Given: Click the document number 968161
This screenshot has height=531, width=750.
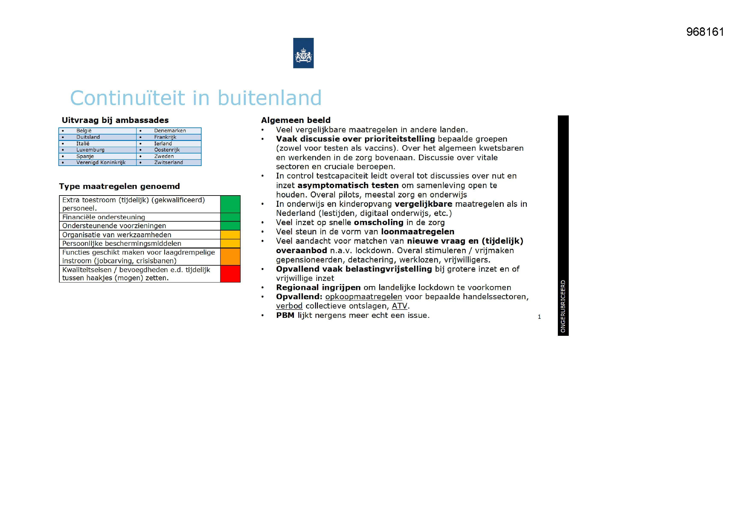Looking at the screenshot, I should click(x=705, y=32).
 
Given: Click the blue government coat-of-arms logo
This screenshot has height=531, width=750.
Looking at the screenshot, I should click(x=303, y=53).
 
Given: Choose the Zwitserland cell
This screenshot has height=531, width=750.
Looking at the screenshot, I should click(x=168, y=162).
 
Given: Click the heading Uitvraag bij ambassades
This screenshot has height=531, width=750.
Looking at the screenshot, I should click(x=115, y=120).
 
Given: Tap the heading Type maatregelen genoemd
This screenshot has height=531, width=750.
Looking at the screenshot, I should click(x=119, y=187).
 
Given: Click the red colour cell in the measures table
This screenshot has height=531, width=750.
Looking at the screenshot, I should click(x=230, y=274).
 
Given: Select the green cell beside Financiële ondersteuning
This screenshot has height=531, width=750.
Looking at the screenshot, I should click(x=230, y=217).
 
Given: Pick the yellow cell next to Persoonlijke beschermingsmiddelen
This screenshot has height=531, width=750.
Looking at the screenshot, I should click(x=230, y=243).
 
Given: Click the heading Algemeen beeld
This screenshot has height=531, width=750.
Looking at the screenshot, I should click(x=296, y=120).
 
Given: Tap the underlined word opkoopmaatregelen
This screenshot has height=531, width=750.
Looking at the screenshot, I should click(x=363, y=297).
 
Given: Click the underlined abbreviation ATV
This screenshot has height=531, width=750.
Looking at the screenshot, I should click(x=399, y=306).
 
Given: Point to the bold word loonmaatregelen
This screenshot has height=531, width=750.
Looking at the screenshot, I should click(x=417, y=232).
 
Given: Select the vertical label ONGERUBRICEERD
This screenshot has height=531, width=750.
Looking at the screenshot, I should click(x=563, y=306).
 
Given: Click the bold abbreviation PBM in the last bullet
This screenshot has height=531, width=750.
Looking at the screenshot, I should click(x=285, y=316).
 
